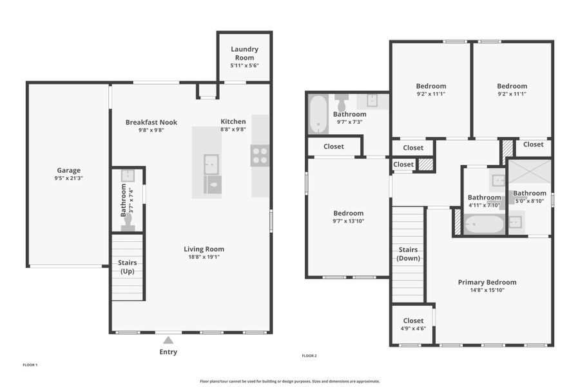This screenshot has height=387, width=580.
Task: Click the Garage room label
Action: [x=69, y=170]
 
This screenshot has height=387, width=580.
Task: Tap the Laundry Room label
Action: [x=244, y=53]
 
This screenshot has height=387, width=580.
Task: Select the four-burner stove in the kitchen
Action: [x=260, y=155]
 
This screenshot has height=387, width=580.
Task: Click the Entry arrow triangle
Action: [x=168, y=340]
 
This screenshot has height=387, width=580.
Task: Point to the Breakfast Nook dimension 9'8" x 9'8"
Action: [x=151, y=130]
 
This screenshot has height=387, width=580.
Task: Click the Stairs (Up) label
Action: [x=128, y=267]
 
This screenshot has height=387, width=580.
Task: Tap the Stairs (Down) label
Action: [x=408, y=254]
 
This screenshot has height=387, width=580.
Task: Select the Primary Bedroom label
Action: [x=487, y=282]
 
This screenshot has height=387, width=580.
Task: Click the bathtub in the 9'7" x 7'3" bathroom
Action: [x=318, y=114]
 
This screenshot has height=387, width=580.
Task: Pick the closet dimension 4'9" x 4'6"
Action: [x=413, y=329]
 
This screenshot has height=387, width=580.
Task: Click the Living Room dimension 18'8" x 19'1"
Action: [x=204, y=257]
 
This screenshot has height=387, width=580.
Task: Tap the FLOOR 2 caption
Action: [x=309, y=355]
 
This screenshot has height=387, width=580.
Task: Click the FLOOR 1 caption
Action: [x=30, y=365]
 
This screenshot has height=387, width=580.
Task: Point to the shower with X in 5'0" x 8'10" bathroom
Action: [x=530, y=172]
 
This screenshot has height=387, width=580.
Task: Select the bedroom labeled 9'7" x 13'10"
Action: [x=348, y=213]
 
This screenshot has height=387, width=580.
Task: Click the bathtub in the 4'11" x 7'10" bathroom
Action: [x=484, y=224]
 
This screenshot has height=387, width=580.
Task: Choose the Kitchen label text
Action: [x=233, y=121]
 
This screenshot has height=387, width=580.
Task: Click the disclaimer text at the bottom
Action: [x=290, y=381]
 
